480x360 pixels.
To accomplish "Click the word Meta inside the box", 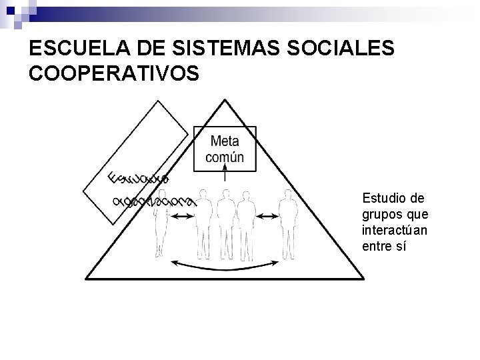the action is [x=225, y=141].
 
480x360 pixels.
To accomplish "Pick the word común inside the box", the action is [x=225, y=157].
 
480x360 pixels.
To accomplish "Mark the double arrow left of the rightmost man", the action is [x=267, y=216].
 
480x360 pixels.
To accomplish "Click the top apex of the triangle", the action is [x=225, y=99].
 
